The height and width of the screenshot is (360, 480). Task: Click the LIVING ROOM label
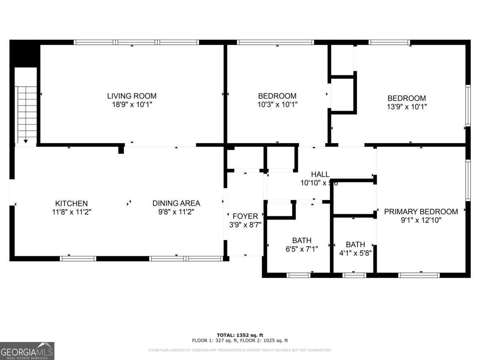point(132,96)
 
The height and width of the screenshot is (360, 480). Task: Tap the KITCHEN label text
point(71,204)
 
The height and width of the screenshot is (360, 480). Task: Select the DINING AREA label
point(176,204)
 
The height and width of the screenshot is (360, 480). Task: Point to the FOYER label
point(245,216)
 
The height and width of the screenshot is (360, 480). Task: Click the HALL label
point(320,174)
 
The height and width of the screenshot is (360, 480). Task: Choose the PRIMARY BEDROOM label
point(421,212)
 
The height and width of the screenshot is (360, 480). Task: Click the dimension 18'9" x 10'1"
point(132,105)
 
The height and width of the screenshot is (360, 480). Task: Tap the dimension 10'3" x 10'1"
point(277,105)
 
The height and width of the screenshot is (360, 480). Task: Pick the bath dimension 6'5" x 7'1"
point(302,249)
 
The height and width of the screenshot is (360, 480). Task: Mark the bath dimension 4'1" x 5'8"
point(355,253)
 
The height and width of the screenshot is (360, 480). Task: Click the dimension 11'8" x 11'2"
point(71,212)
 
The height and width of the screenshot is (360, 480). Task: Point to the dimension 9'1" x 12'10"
point(421,220)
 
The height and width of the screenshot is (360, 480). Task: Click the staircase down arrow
point(26,141)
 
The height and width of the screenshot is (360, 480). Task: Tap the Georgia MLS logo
point(27,351)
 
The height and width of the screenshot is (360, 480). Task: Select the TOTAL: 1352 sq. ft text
point(240,335)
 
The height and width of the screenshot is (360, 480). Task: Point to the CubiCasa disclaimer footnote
point(240,350)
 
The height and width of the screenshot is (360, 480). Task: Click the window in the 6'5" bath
point(299,275)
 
